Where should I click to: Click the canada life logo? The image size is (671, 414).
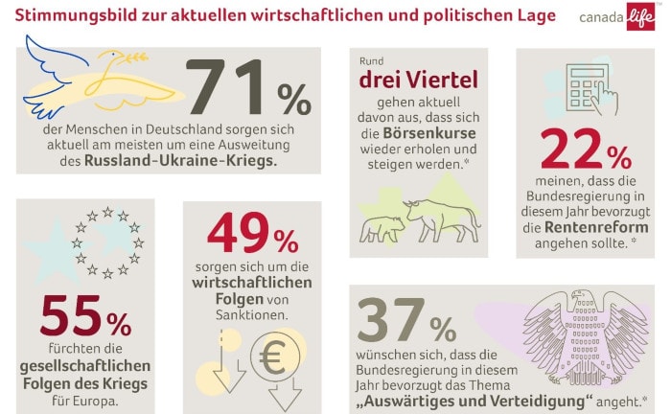coord(618,19)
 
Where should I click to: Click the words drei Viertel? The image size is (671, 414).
coord(418,80)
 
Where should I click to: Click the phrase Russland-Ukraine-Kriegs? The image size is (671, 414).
coord(181,161)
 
